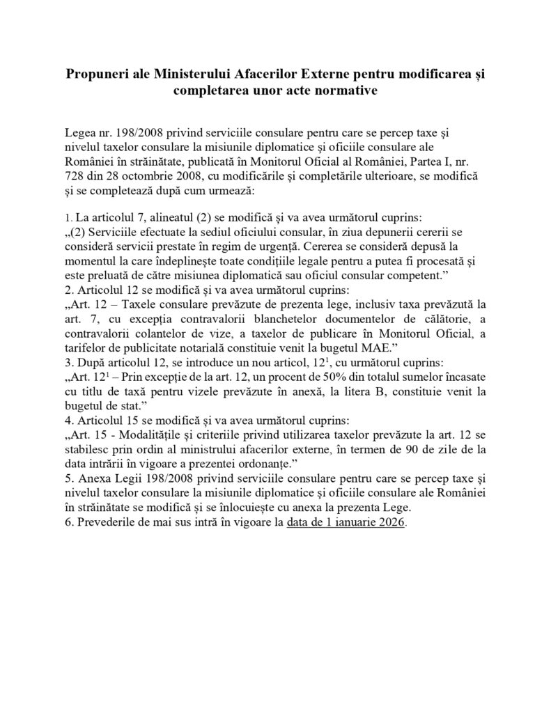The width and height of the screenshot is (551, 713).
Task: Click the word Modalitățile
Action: tap(160, 434)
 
